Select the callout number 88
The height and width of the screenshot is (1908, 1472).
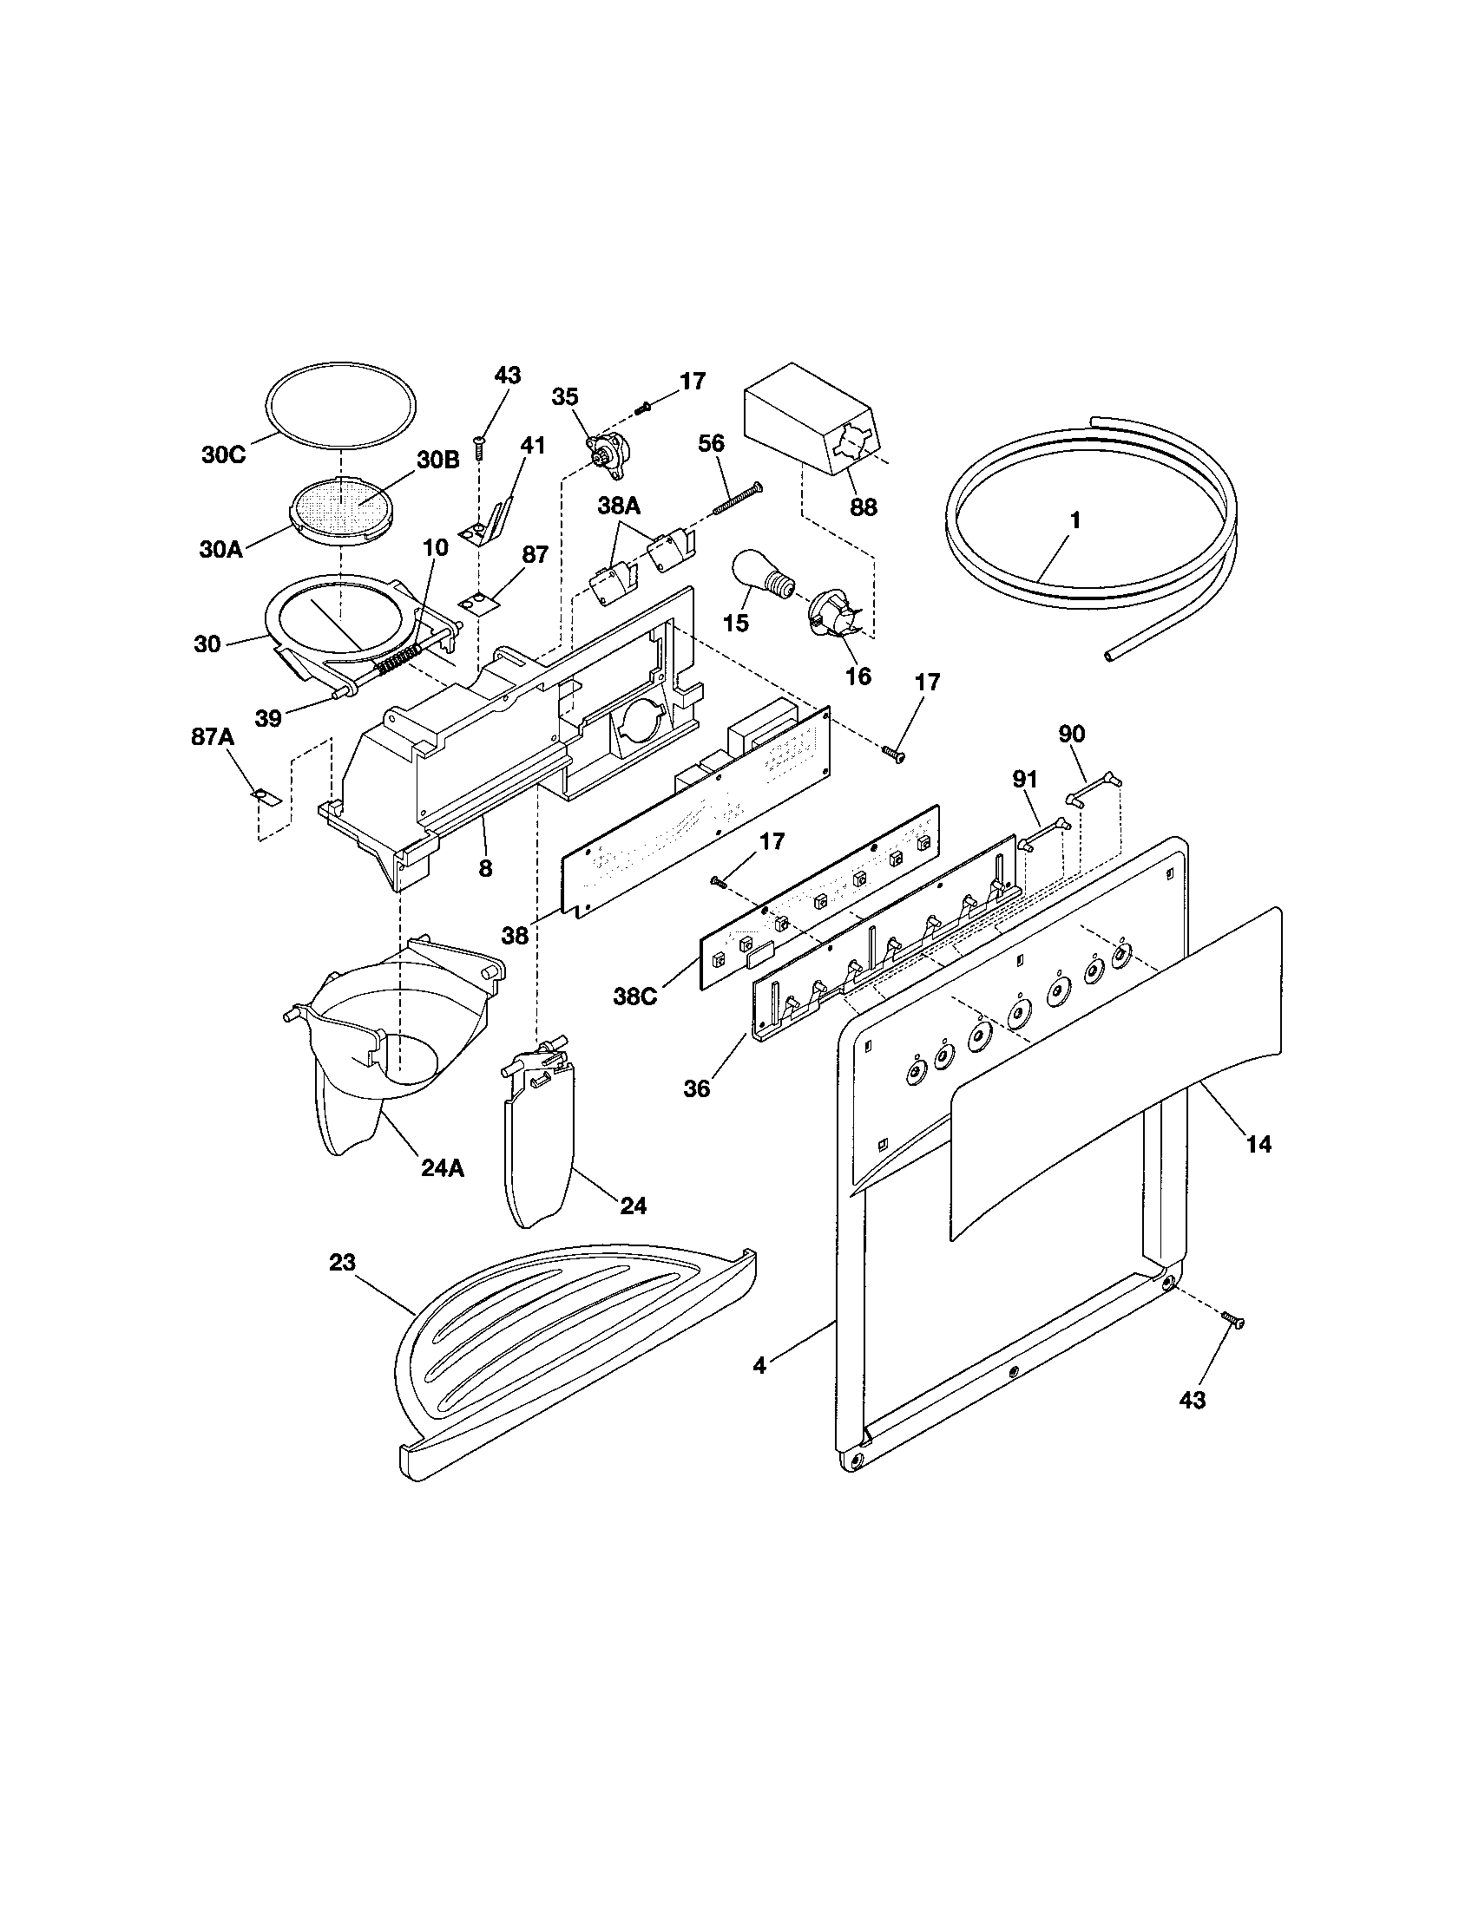click(x=863, y=506)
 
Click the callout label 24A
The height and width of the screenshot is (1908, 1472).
click(x=443, y=1167)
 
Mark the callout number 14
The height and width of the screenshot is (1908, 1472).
click(x=1258, y=1144)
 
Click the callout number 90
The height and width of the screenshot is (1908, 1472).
click(x=1072, y=734)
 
